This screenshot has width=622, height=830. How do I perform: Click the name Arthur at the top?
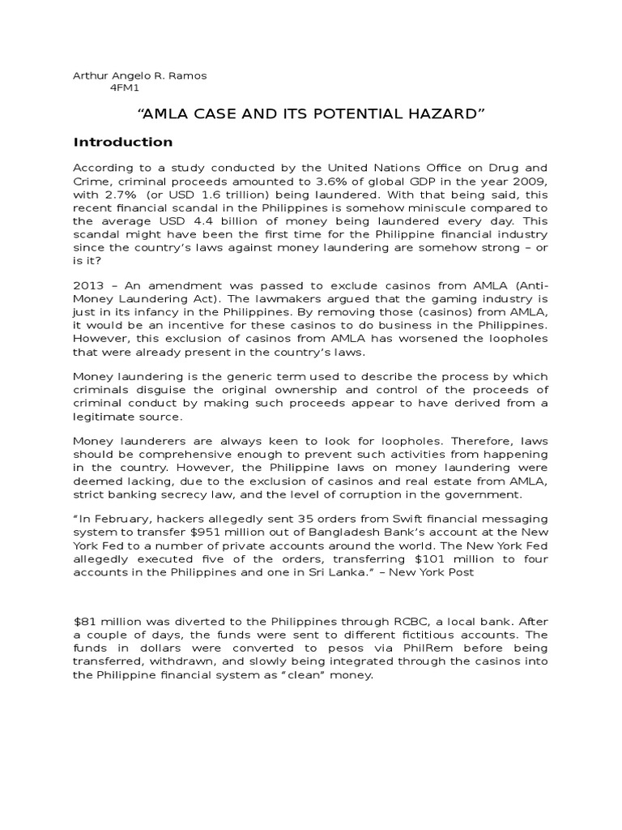point(90,75)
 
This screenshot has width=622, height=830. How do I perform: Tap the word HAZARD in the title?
point(441,113)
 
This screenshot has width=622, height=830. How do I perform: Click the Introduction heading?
point(123,143)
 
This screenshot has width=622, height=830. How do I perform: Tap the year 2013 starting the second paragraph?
point(89,286)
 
